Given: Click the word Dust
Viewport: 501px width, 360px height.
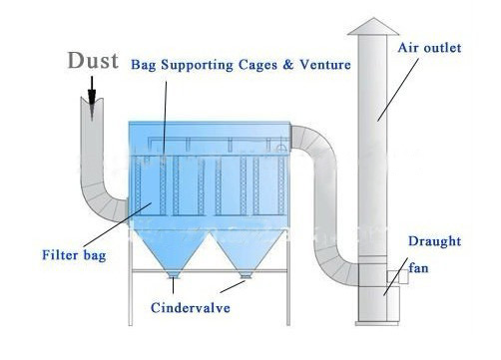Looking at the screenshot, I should tap(92, 61).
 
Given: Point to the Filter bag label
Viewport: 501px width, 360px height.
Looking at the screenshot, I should tap(74, 253).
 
